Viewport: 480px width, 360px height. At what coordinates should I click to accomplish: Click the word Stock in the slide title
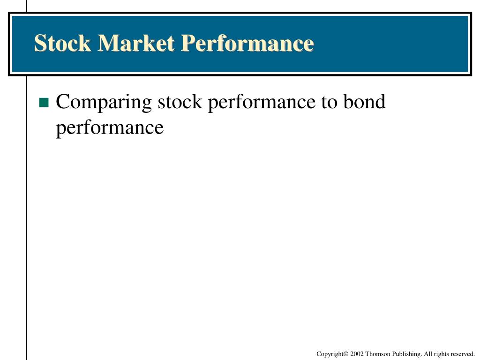click(x=62, y=43)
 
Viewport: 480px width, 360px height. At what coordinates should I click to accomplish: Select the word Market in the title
click(x=136, y=43)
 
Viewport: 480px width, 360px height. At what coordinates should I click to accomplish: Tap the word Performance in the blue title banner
click(x=247, y=44)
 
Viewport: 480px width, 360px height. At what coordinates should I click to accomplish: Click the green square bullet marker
click(x=44, y=102)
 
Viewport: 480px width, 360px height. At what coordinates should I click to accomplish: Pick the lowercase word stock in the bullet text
click(x=180, y=102)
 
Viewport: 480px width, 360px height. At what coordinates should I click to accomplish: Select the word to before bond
click(x=329, y=102)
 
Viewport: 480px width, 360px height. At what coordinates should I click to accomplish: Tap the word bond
click(x=364, y=101)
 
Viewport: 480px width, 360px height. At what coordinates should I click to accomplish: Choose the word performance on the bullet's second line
click(x=110, y=128)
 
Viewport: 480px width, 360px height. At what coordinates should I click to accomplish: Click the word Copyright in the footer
click(x=330, y=354)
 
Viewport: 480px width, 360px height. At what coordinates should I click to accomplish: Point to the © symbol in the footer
click(x=346, y=354)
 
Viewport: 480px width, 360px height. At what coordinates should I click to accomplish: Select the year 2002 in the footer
click(x=357, y=354)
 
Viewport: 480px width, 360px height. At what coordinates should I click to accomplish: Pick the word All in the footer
click(x=427, y=354)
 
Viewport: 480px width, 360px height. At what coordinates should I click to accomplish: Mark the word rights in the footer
click(x=441, y=354)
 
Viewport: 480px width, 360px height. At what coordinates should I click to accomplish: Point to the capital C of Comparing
click(x=63, y=101)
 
